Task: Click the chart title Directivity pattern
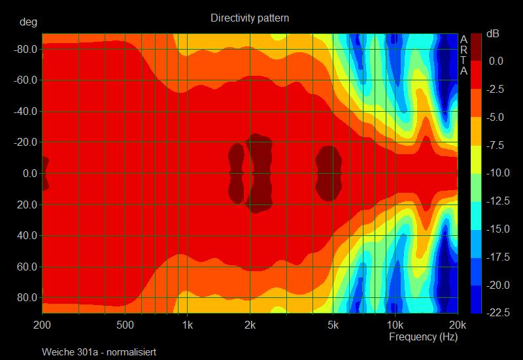point(250,18)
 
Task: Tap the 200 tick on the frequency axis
point(42,325)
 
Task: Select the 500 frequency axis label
point(125,325)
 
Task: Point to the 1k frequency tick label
point(188,325)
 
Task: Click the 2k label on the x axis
point(250,325)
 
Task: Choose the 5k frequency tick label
point(333,325)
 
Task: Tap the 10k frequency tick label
point(394,325)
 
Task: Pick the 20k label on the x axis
point(457,325)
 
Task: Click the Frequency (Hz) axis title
point(424,337)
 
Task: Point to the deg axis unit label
point(28,22)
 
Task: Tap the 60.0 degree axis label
point(25,267)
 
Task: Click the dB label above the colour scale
point(492,34)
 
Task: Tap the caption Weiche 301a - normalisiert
point(99,352)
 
